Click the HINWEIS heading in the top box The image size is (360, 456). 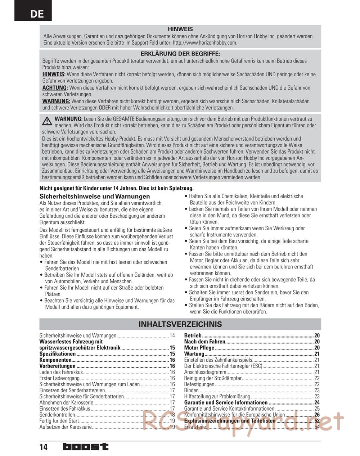(x=180, y=29)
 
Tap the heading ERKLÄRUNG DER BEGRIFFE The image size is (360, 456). (x=180, y=54)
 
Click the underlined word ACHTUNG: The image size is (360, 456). (x=55, y=88)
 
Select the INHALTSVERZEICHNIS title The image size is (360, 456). (x=180, y=324)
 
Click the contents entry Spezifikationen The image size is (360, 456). (x=57, y=354)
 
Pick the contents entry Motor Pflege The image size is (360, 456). (x=199, y=348)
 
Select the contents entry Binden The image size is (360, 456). (x=191, y=390)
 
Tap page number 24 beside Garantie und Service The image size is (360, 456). (x=317, y=403)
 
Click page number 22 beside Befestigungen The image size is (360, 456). (x=317, y=384)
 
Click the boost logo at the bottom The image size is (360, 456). (x=85, y=447)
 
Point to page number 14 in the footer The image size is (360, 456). (x=44, y=447)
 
